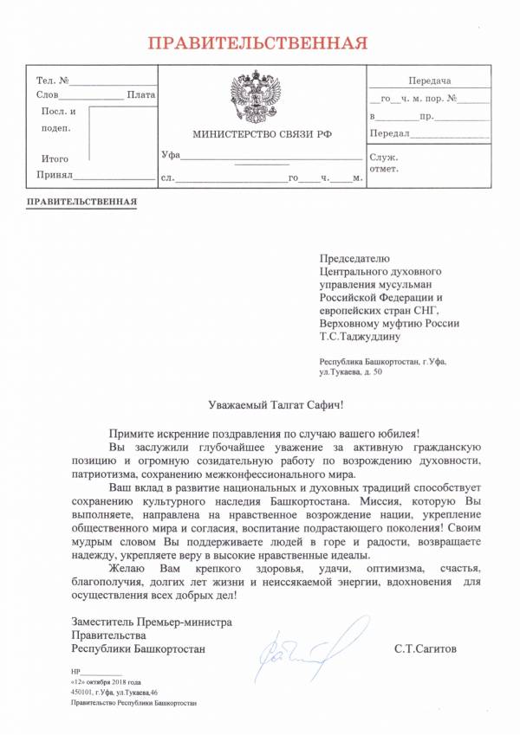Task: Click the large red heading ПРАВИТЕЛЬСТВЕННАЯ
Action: click(x=256, y=42)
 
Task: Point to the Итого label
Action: click(x=55, y=158)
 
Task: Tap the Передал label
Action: click(x=389, y=134)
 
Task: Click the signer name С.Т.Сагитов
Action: click(x=423, y=648)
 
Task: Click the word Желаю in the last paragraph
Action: click(x=127, y=568)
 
